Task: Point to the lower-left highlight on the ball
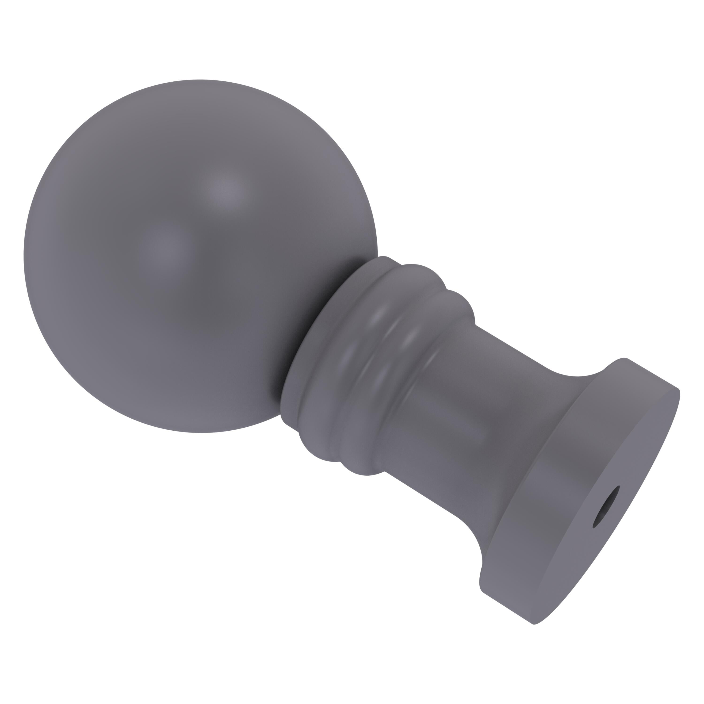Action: tap(164, 248)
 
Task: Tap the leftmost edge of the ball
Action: tap(24, 255)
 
